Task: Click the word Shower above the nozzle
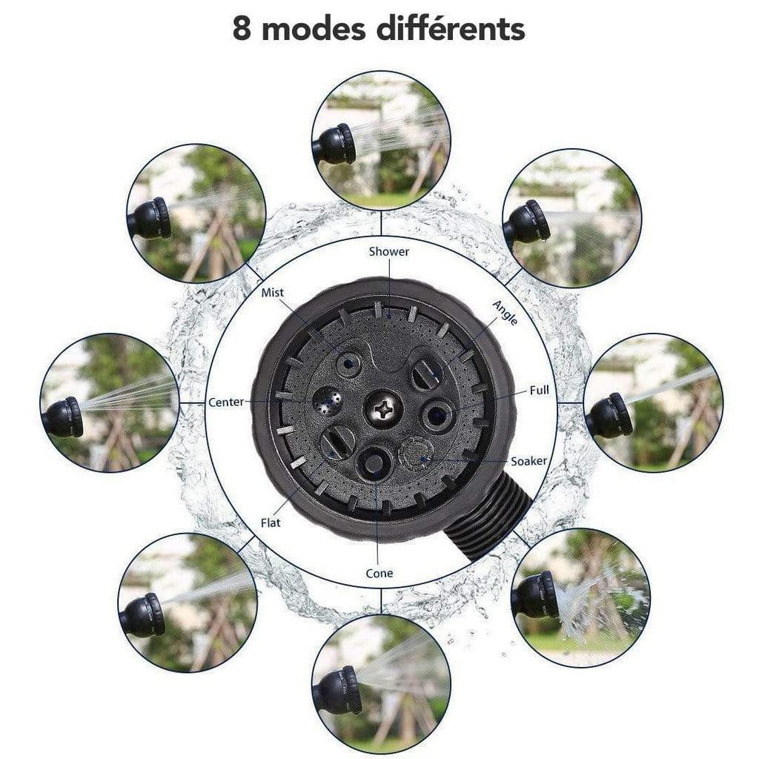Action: coord(388,251)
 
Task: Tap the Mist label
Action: coord(273,292)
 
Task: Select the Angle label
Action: coord(505,312)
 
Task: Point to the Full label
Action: coord(540,390)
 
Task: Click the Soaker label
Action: coord(529,461)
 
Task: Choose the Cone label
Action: coord(379,574)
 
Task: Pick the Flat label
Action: coord(271,523)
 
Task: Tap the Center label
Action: coord(226,402)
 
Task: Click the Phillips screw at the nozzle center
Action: coord(383,409)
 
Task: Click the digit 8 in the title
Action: coord(242,29)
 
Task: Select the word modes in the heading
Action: coord(314,29)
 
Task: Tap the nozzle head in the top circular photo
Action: coord(335,144)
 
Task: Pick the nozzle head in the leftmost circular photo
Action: coord(63,417)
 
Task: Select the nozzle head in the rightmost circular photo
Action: coord(609,415)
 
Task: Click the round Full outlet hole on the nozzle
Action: coord(437,415)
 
